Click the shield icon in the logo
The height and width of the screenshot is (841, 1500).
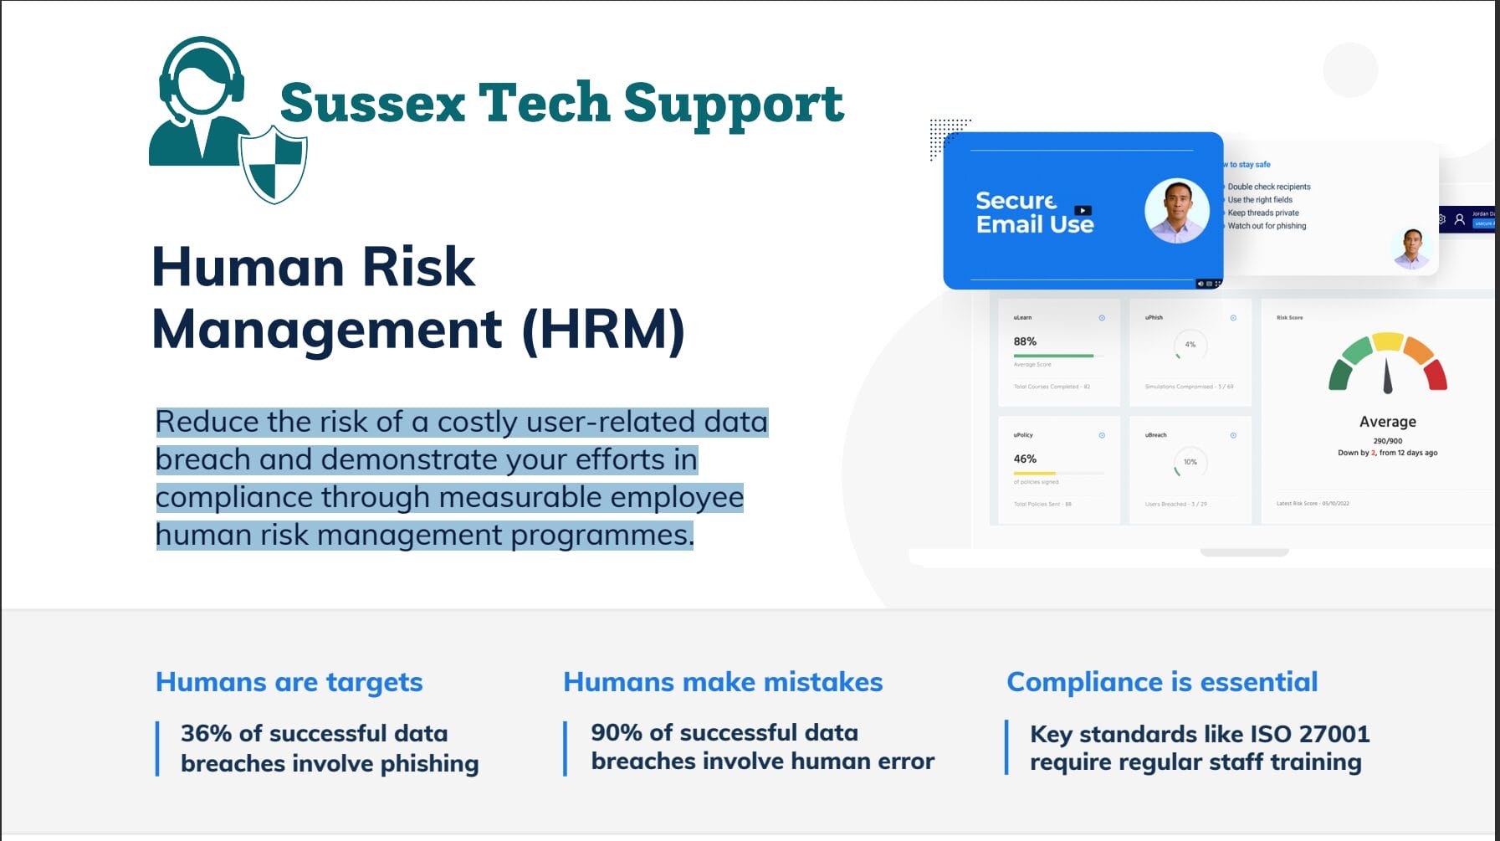[x=273, y=165]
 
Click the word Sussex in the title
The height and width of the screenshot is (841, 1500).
[x=372, y=104]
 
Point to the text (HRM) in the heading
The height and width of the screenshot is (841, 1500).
[x=602, y=329]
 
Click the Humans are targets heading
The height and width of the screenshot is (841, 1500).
[x=289, y=682]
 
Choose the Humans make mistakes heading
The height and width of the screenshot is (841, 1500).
[x=723, y=682]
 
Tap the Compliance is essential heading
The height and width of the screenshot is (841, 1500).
[x=1162, y=682]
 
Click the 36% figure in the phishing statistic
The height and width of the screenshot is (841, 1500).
[x=206, y=734]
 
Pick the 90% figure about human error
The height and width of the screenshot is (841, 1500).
[x=617, y=733]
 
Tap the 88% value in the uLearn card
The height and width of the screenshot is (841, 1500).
[x=1025, y=341]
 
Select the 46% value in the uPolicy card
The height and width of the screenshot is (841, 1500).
[x=1025, y=459]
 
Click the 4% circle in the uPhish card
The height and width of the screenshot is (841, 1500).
[x=1190, y=345]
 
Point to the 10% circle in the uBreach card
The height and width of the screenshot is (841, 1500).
[x=1190, y=462]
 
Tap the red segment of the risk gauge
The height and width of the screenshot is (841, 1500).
[x=1436, y=374]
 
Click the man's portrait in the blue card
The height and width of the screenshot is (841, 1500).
[x=1176, y=211]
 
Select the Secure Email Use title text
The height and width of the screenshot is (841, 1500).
[x=1034, y=213]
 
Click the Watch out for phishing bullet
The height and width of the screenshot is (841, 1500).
[x=1267, y=226]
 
